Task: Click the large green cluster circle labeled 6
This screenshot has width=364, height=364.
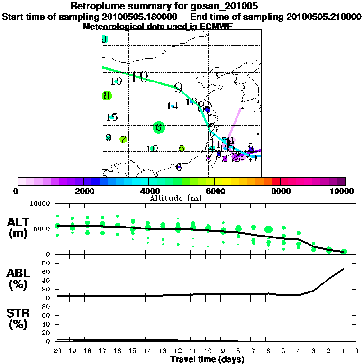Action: pos(159,127)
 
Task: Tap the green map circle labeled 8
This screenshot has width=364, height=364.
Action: pos(107,96)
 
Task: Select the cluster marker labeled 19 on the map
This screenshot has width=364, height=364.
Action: pos(116,82)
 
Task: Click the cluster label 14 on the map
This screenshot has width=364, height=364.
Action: pos(172,106)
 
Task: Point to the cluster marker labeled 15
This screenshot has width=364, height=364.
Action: pos(112,117)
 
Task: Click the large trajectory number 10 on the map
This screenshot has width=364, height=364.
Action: pos(139,77)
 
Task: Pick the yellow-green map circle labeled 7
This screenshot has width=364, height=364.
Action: pos(123,139)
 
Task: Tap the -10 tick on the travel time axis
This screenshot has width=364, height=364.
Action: pos(207,351)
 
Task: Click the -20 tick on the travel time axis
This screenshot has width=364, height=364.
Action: pos(56,351)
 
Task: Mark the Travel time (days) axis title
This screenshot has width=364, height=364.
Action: pos(207,359)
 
